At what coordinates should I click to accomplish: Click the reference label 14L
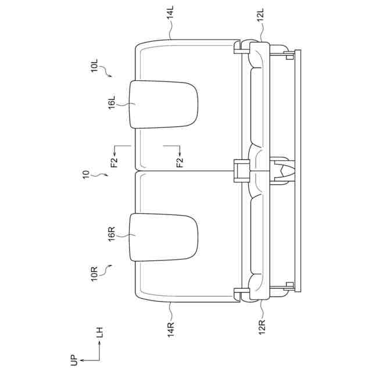click(170, 12)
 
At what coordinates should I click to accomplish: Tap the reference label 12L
click(260, 15)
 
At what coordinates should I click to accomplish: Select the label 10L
click(94, 66)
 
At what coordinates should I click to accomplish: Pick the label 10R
click(94, 274)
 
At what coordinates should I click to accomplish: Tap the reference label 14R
click(170, 330)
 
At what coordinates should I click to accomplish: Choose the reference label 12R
click(262, 327)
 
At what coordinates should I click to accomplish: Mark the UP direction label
click(74, 360)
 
